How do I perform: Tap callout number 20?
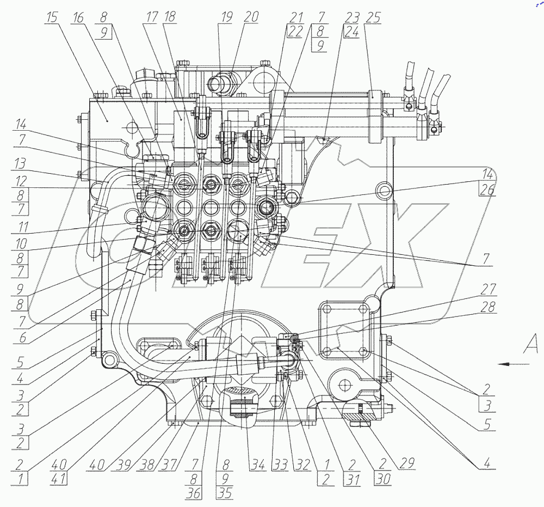(251, 17)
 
